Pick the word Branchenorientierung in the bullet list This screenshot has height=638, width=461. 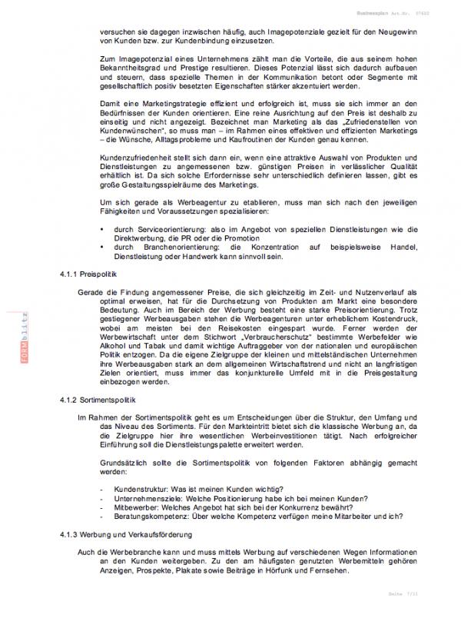click(x=171, y=247)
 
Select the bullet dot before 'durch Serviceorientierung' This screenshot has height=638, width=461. click(x=102, y=229)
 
